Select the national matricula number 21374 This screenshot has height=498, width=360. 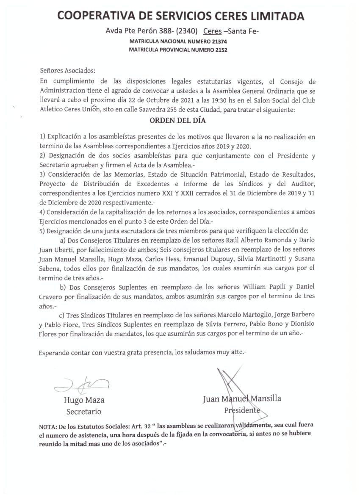pyautogui.click(x=218, y=42)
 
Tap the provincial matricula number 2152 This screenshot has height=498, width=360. pyautogui.click(x=220, y=50)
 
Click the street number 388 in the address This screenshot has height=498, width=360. pyautogui.click(x=158, y=31)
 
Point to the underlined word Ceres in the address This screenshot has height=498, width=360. pyautogui.click(x=212, y=31)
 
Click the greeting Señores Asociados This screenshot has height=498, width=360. pyautogui.click(x=68, y=70)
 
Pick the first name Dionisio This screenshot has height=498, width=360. pyautogui.click(x=301, y=324)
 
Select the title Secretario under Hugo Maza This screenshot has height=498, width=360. pyautogui.click(x=83, y=412)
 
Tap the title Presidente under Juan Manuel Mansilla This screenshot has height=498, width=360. pyautogui.click(x=242, y=410)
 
